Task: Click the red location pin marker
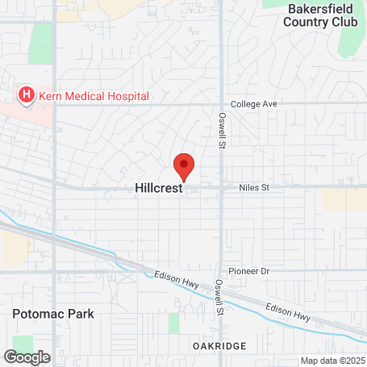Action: point(184,165)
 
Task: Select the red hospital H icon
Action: point(26,96)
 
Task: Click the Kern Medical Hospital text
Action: point(94,96)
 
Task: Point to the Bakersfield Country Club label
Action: point(320,15)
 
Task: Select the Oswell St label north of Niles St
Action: point(222,130)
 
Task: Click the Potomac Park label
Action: point(53,314)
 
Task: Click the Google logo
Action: point(27,357)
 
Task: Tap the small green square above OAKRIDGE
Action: point(173,323)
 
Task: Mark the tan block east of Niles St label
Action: point(343,199)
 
